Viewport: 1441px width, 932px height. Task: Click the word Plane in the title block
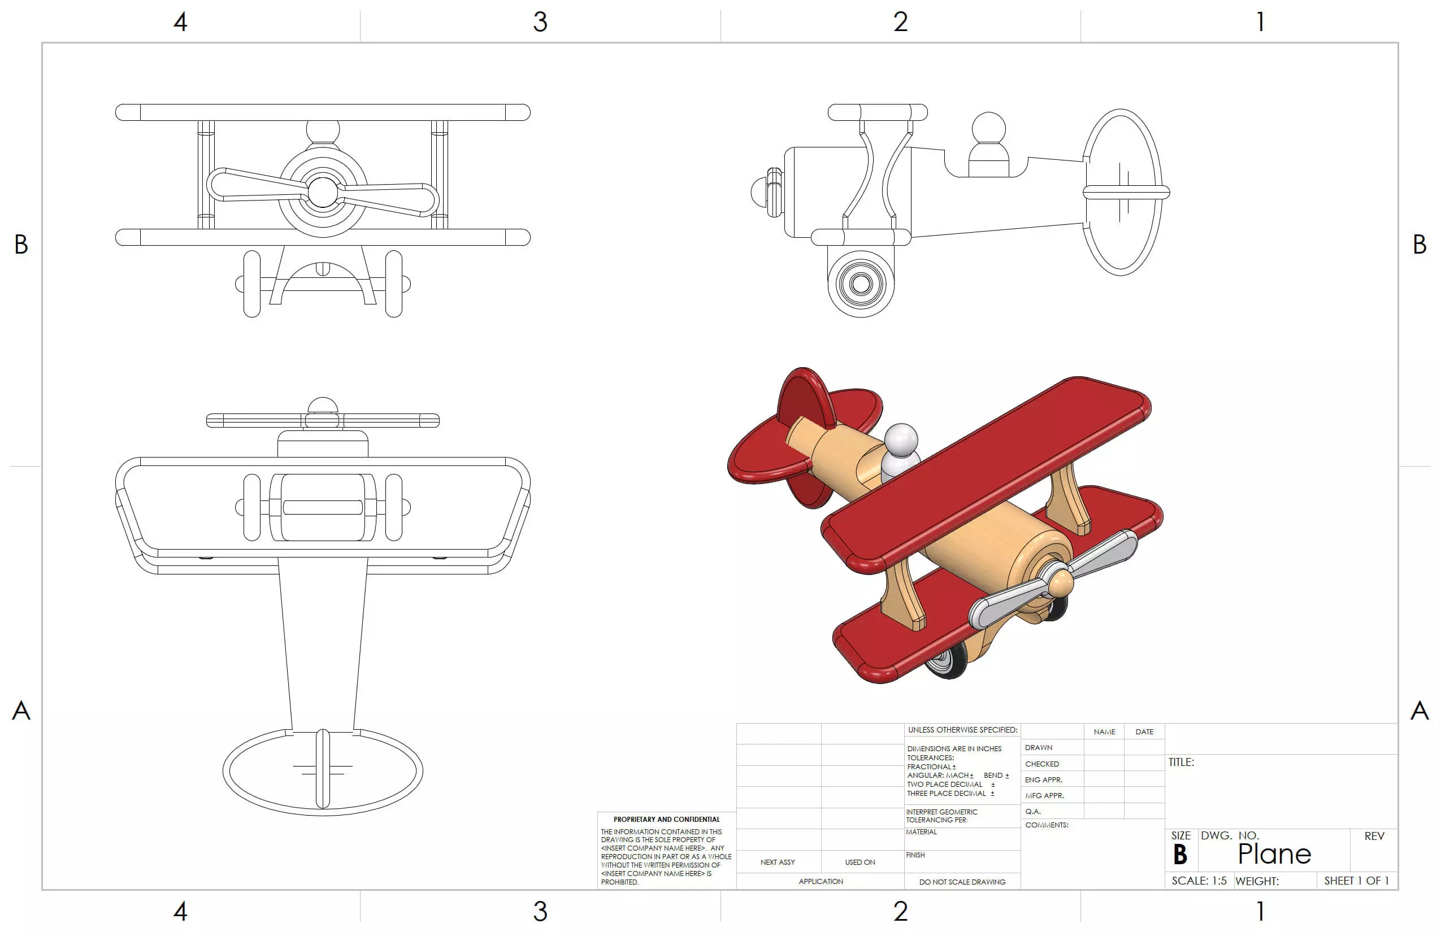[x=1274, y=853]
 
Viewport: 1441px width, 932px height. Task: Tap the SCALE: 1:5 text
[x=1198, y=881]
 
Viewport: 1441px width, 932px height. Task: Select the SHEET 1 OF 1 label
[x=1356, y=881]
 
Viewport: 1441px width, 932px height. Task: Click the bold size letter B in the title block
[x=1179, y=855]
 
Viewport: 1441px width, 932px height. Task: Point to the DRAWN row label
[x=1039, y=747]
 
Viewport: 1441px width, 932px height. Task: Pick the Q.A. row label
[x=1033, y=811]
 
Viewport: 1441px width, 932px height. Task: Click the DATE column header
[x=1144, y=731]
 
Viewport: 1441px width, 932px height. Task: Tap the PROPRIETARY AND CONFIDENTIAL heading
[x=666, y=820]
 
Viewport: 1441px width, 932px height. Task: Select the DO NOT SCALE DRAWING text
[x=961, y=882]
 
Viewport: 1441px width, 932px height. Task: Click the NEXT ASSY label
[x=778, y=862]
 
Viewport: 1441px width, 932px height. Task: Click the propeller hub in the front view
[x=323, y=192]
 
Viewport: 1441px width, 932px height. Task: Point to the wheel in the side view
[x=860, y=283]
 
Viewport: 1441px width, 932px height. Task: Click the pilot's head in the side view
[x=988, y=128]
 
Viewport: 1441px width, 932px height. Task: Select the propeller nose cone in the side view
[x=758, y=193]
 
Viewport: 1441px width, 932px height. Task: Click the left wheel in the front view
[x=251, y=283]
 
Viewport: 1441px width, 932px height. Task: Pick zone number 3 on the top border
[x=540, y=22]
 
